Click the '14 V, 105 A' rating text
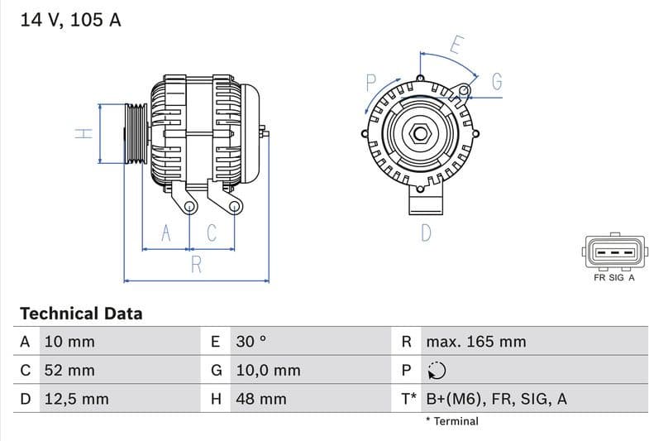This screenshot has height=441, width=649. coord(70,21)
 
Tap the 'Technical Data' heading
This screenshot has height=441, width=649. coord(81,314)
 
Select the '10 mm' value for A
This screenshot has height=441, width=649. coord(69,342)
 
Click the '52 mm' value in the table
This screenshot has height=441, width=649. coord(69,371)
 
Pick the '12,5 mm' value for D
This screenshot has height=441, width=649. coord(76,400)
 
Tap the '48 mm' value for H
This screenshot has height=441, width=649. coord(260,400)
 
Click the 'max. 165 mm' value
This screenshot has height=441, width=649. coord(475,342)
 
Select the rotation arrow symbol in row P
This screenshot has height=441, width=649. coord(437,371)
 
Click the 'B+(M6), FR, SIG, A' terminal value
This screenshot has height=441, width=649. coord(496,400)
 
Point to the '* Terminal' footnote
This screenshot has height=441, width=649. coord(452,421)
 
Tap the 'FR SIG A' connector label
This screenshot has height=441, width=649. coord(613,278)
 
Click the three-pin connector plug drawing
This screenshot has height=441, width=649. coord(613,252)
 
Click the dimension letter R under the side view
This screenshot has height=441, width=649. coord(197,265)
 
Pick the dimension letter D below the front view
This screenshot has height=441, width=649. coord(426,233)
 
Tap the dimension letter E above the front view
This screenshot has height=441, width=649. coord(456,46)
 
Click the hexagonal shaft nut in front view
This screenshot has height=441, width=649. coord(420,132)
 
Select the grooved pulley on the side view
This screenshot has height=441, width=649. coord(136,134)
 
